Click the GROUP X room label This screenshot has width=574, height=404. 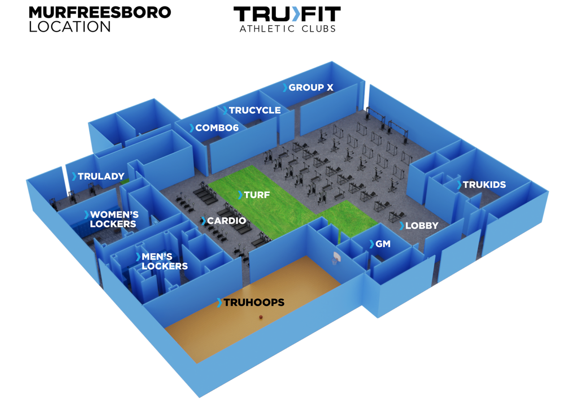[x=311, y=87]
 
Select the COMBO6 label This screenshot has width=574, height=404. [x=217, y=128]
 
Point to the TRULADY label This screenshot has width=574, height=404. [x=101, y=176]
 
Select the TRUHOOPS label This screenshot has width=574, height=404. [x=254, y=303]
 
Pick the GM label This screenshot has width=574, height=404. [x=383, y=244]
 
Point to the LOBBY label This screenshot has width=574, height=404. [x=422, y=226]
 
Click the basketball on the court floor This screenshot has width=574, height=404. [x=261, y=317]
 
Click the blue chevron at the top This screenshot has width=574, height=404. [x=296, y=13]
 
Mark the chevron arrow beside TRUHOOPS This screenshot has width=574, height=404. [x=219, y=303]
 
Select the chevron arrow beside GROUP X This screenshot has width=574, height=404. [x=285, y=87]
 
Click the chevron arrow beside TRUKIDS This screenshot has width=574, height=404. [x=459, y=185]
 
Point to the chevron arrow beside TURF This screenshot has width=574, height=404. [x=240, y=195]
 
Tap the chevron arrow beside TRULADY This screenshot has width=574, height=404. [x=74, y=176]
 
